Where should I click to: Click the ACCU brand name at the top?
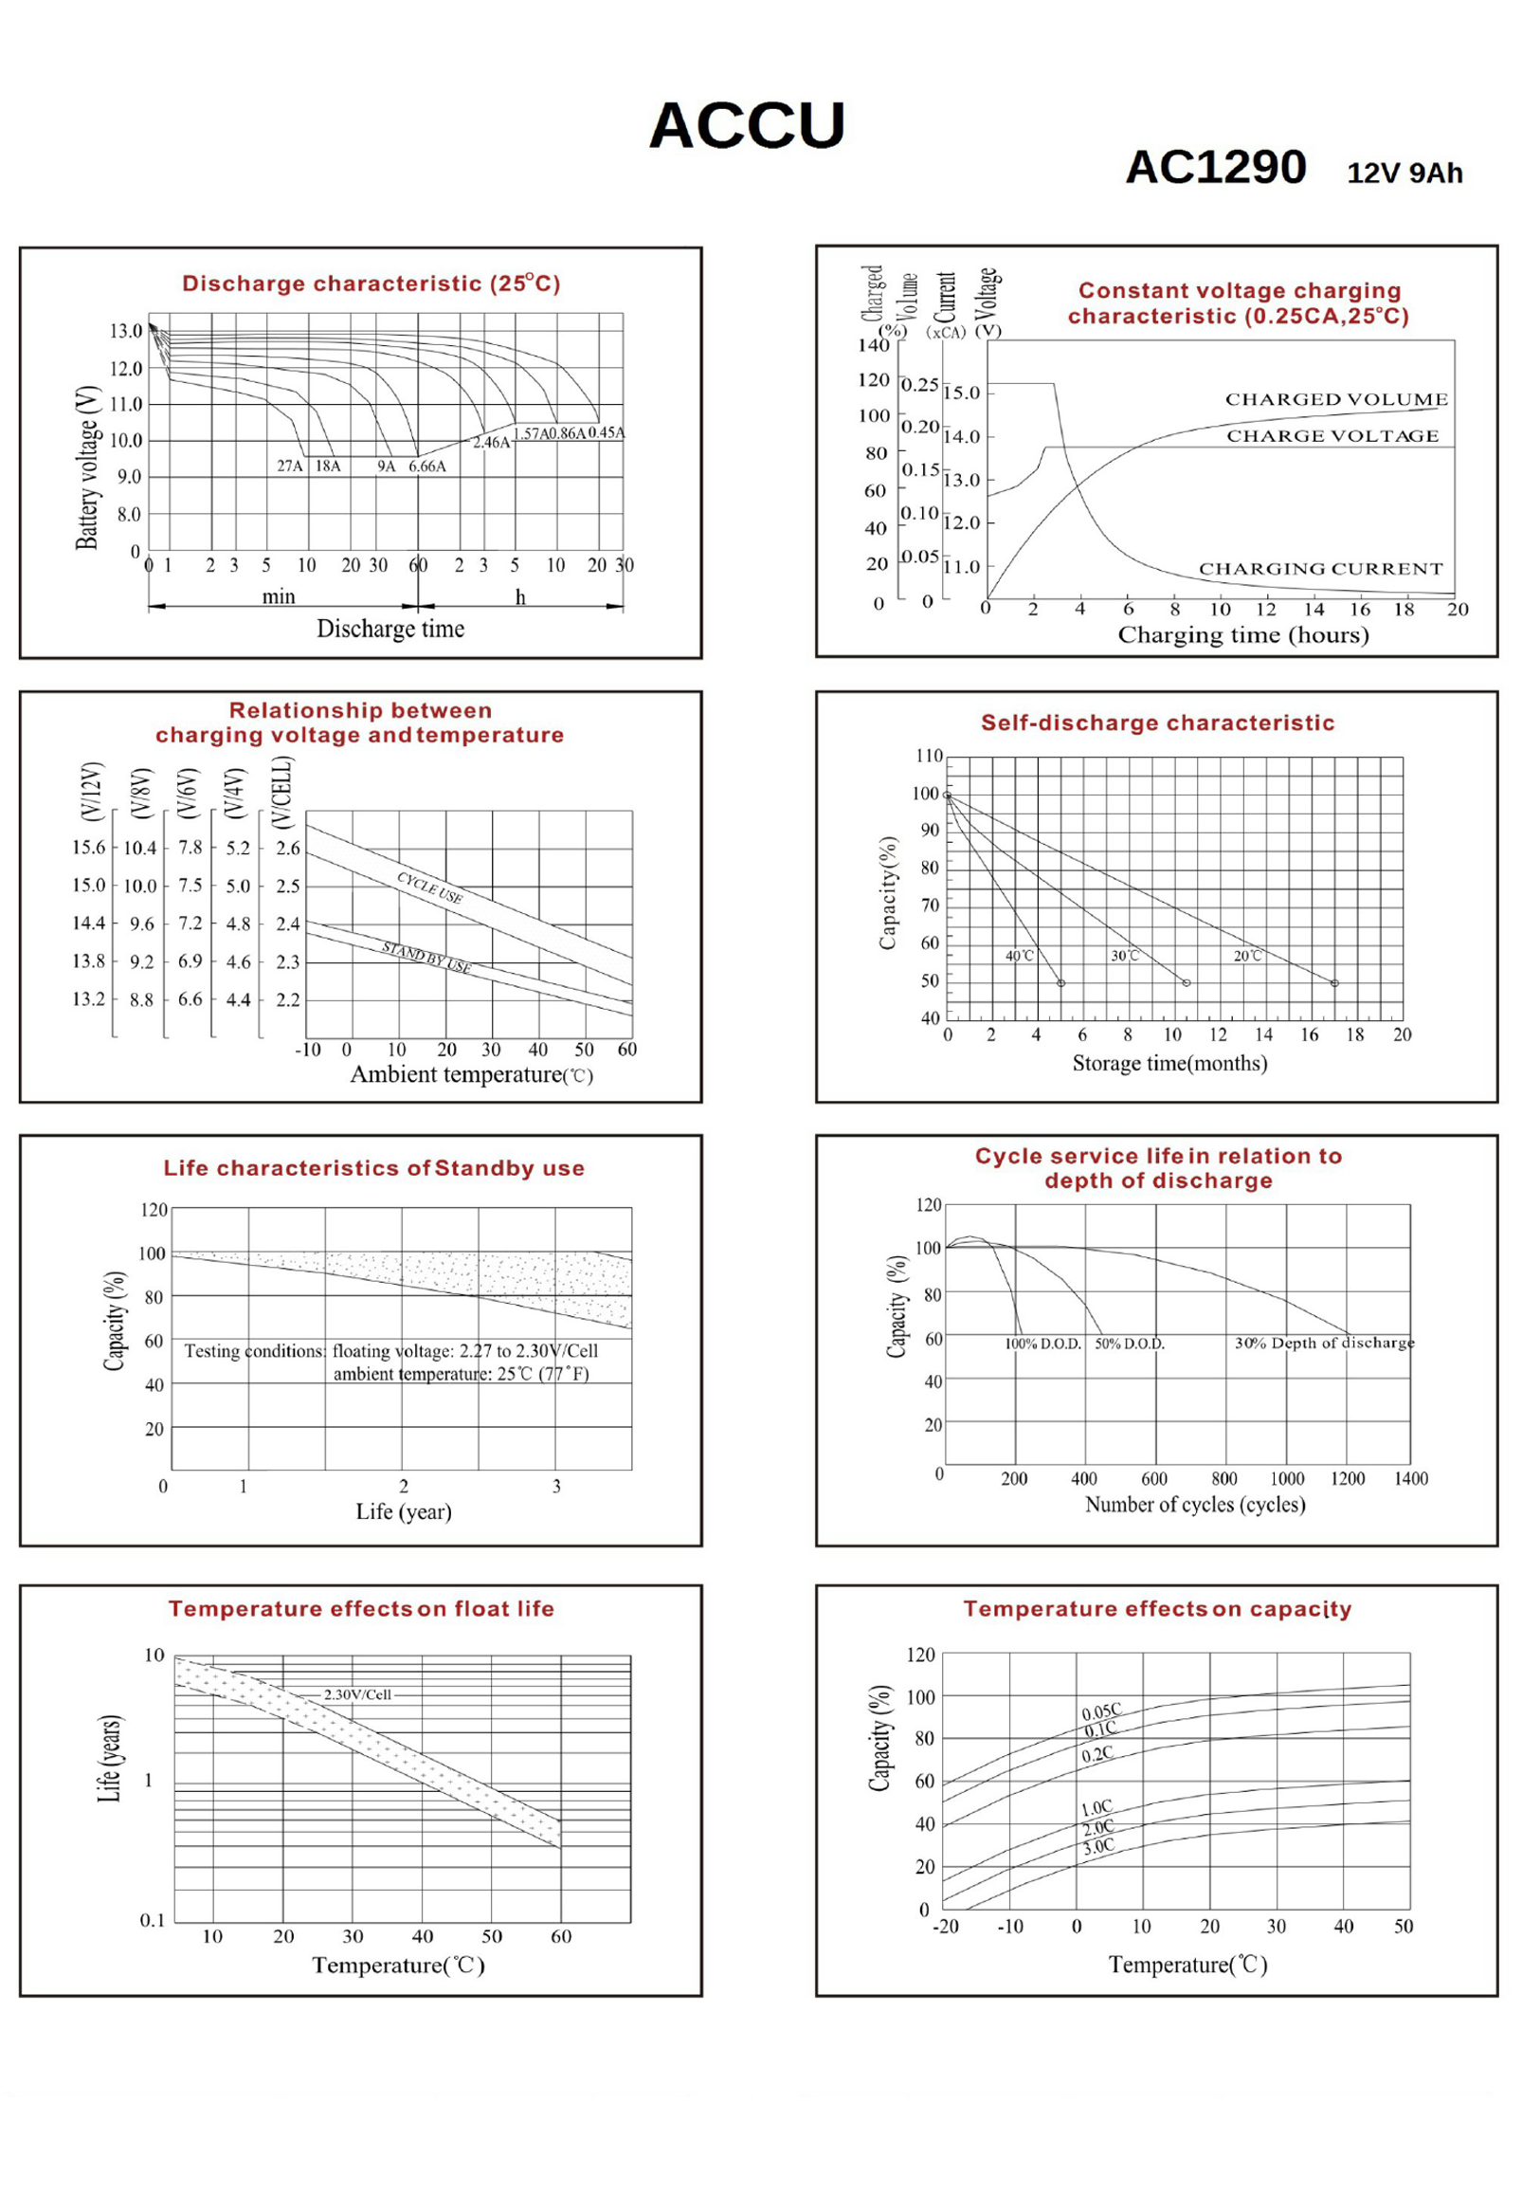pyautogui.click(x=747, y=126)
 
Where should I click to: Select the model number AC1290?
pyautogui.click(x=1215, y=168)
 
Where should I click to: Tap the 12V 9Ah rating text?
pyautogui.click(x=1404, y=174)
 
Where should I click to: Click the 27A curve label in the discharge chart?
pyautogui.click(x=290, y=466)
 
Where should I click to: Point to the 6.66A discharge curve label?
pyautogui.click(x=427, y=466)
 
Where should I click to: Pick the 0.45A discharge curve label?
pyautogui.click(x=607, y=433)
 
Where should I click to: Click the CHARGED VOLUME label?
pyautogui.click(x=1336, y=400)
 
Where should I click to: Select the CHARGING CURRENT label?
pyautogui.click(x=1321, y=569)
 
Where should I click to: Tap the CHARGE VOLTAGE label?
pyautogui.click(x=1332, y=436)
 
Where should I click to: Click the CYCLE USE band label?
pyautogui.click(x=430, y=888)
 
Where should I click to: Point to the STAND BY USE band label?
pyautogui.click(x=426, y=957)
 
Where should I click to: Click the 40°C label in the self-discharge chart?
pyautogui.click(x=1020, y=956)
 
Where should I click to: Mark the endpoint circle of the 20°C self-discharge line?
pyautogui.click(x=1334, y=982)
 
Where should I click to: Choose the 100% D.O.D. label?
pyautogui.click(x=1043, y=1344)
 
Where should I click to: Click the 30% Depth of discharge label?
pyautogui.click(x=1325, y=1344)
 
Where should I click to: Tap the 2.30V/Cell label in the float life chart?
pyautogui.click(x=357, y=1694)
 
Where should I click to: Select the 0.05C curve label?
pyautogui.click(x=1101, y=1711)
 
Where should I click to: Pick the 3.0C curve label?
pyautogui.click(x=1098, y=1847)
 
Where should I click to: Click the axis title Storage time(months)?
pyautogui.click(x=1169, y=1064)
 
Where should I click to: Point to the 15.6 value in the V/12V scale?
pyautogui.click(x=89, y=847)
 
